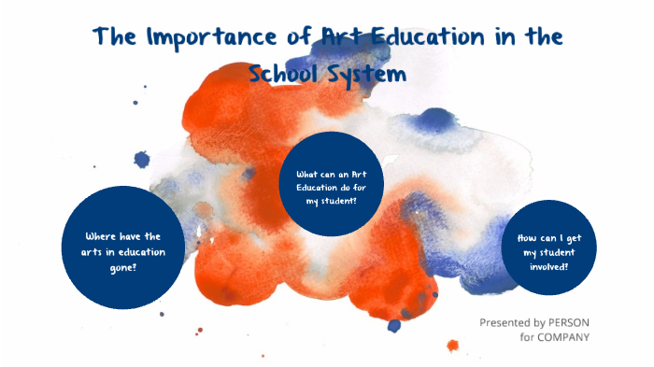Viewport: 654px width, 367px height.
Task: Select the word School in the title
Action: [287, 73]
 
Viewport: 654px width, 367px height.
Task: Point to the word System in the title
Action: [369, 73]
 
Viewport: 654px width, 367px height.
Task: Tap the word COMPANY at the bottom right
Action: [562, 337]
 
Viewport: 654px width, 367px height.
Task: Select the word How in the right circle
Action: [529, 237]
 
